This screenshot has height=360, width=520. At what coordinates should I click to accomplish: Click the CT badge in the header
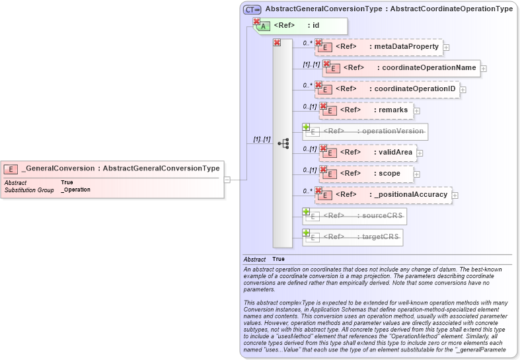pos(252,9)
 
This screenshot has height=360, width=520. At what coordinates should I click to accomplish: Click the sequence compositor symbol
pos(283,143)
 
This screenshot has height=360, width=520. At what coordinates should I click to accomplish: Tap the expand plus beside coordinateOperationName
pos(484,68)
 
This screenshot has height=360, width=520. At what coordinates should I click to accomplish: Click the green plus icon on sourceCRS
pos(306,211)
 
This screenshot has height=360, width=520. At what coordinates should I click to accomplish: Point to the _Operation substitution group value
pos(75,190)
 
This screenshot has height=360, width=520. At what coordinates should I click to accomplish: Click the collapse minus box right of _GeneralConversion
pos(226,179)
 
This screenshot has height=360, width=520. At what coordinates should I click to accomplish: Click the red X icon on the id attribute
pos(256,22)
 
